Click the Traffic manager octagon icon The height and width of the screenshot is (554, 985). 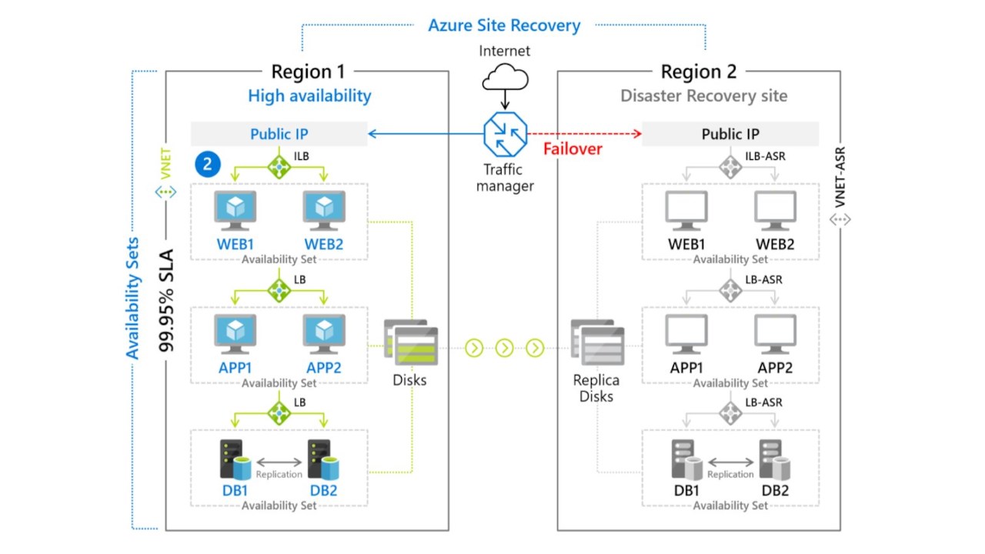coord(505,133)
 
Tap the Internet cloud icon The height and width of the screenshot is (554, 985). coord(505,78)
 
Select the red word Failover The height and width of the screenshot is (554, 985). coord(573,149)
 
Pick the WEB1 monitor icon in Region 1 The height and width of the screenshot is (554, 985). coord(235,210)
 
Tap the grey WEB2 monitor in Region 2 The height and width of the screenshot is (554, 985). coord(775,211)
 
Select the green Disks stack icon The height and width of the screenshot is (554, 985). coord(412,342)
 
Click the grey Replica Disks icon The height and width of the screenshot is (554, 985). coord(597,342)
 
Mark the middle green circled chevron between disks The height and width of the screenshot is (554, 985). coord(504,349)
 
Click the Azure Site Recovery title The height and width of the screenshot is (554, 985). coord(504,25)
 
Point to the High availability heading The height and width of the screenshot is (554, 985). coord(309,96)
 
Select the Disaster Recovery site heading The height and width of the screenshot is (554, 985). coord(703,96)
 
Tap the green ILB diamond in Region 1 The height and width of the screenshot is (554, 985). coord(279,165)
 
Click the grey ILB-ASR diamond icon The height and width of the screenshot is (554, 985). coord(730,165)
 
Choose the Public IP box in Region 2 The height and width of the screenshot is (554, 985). coord(730,134)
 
